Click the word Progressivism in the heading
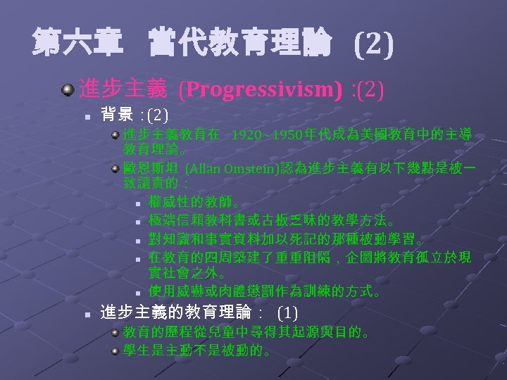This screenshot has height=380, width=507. click(261, 90)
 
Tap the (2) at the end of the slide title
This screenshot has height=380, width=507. click(373, 46)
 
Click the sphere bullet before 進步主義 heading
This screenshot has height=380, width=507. click(68, 90)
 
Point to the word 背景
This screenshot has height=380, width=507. click(117, 114)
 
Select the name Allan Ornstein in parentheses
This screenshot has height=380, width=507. click(232, 168)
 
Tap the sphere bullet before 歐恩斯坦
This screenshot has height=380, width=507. click(116, 168)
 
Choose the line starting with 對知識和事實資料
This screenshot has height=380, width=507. click(289, 239)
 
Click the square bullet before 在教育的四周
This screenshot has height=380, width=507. click(139, 258)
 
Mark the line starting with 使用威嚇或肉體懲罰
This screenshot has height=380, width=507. click(265, 291)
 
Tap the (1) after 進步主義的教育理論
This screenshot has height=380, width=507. click(287, 312)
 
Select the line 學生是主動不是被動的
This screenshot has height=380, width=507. click(197, 350)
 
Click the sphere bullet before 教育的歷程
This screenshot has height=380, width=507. click(116, 331)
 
